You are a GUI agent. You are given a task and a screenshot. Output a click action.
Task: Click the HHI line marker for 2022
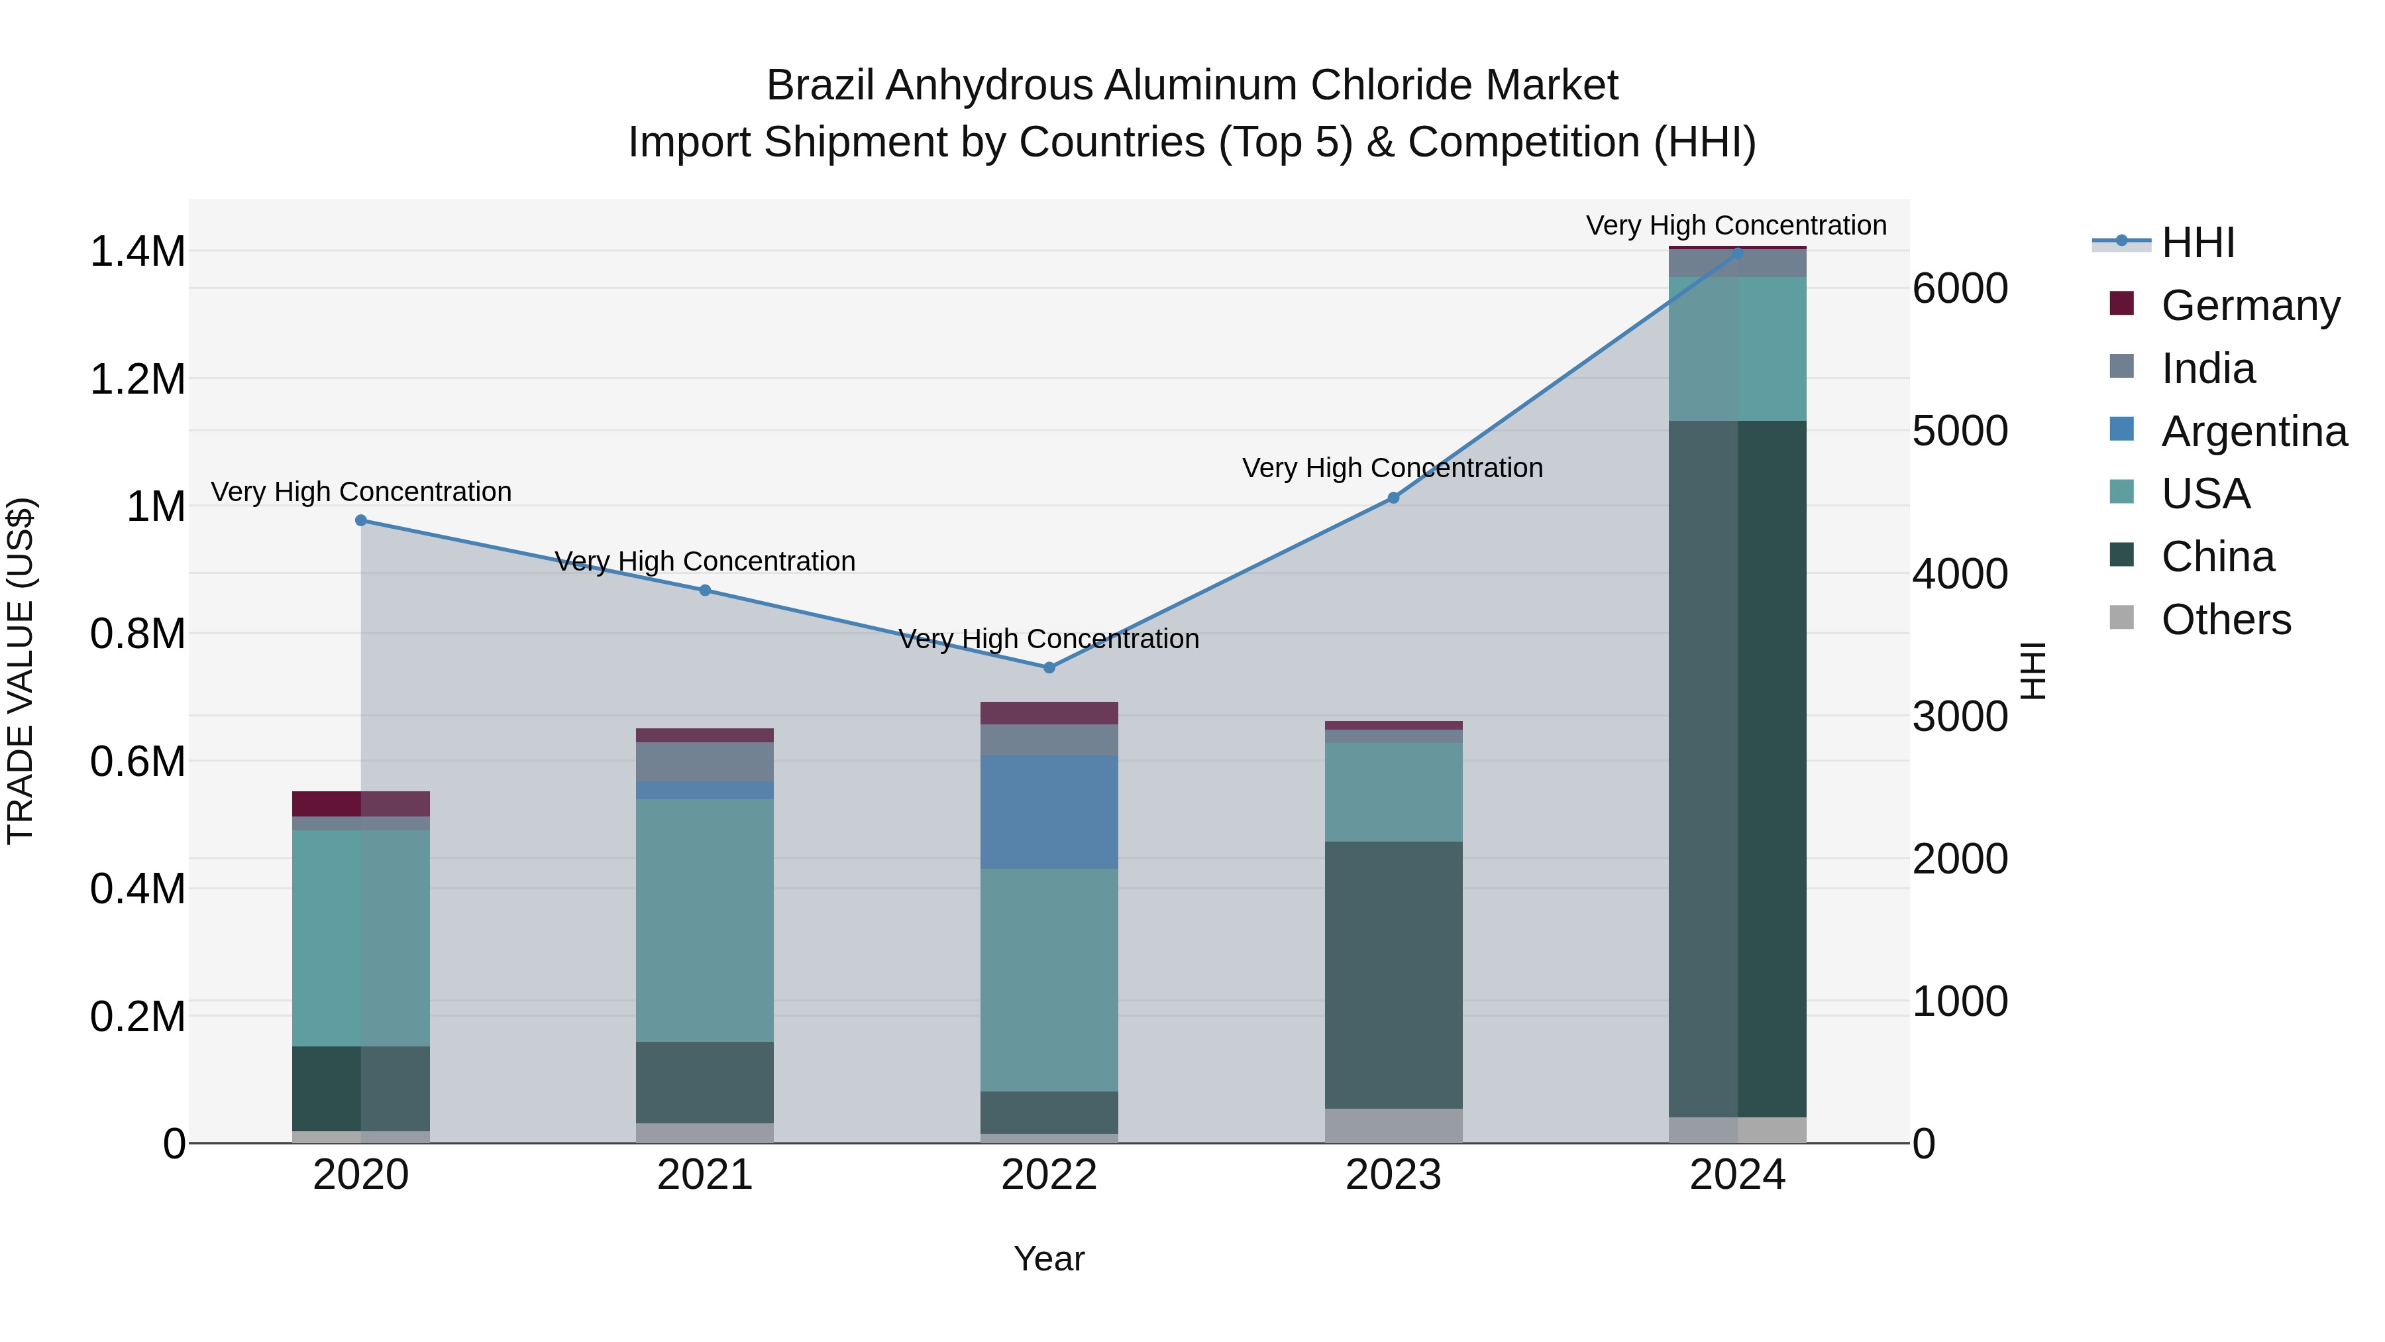1049,668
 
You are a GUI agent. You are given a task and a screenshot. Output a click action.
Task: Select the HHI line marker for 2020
361,520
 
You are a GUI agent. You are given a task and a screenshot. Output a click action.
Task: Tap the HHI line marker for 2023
1393,498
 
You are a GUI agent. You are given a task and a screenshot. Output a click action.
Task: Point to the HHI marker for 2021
705,590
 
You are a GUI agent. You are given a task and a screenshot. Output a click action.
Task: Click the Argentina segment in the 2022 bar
1049,812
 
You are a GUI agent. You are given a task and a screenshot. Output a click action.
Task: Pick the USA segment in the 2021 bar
705,920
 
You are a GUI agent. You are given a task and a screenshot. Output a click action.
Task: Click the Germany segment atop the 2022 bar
1049,713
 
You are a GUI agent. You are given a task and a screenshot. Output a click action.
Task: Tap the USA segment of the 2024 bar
1738,349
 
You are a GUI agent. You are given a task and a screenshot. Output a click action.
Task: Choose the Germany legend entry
2250,306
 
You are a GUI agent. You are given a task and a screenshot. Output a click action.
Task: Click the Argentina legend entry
2254,431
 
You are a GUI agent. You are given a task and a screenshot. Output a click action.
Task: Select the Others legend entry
2226,620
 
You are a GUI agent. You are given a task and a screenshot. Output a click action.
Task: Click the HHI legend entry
2198,243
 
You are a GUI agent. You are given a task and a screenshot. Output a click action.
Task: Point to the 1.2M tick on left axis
137,380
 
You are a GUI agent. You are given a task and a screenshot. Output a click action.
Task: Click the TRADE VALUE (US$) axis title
21,671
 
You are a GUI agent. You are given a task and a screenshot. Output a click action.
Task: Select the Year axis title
1049,1258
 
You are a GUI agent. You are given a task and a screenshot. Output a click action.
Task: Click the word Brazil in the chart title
820,86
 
